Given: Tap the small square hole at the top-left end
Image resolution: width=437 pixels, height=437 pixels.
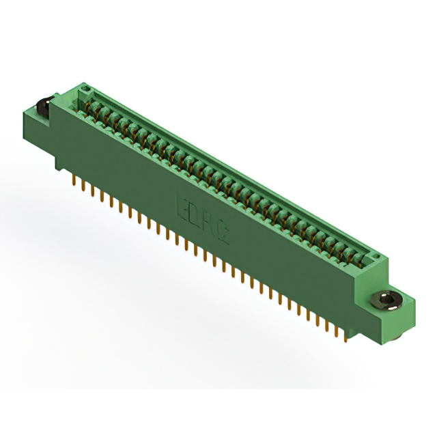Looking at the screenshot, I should [84, 89].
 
